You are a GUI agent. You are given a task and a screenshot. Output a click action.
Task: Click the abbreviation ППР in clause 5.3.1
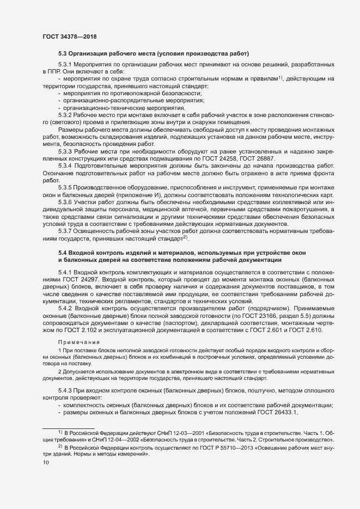(50, 72)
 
